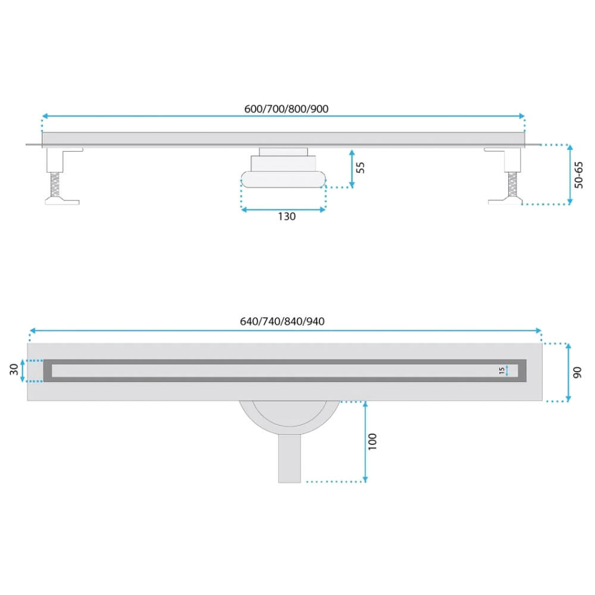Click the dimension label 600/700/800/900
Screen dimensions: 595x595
click(286, 109)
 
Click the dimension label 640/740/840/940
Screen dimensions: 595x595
click(282, 321)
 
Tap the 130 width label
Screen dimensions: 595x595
click(287, 217)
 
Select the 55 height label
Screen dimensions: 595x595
click(361, 167)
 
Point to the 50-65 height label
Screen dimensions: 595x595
click(578, 175)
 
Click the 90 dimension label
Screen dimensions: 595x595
click(577, 372)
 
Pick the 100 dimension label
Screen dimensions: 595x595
click(372, 441)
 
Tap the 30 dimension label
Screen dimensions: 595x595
click(14, 369)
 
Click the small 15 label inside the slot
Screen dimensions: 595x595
click(502, 370)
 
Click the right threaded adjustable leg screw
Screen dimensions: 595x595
click(512, 184)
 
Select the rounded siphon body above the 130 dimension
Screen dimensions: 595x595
click(283, 180)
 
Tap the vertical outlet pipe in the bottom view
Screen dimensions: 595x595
click(290, 459)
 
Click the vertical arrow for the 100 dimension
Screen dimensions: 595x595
click(365, 441)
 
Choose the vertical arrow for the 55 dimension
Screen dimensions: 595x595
click(352, 168)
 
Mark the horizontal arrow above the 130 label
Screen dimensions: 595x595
click(283, 209)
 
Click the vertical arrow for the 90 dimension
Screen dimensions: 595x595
click(568, 372)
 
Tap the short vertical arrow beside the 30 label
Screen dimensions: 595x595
click(23, 370)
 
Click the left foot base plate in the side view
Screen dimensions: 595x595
click(62, 201)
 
